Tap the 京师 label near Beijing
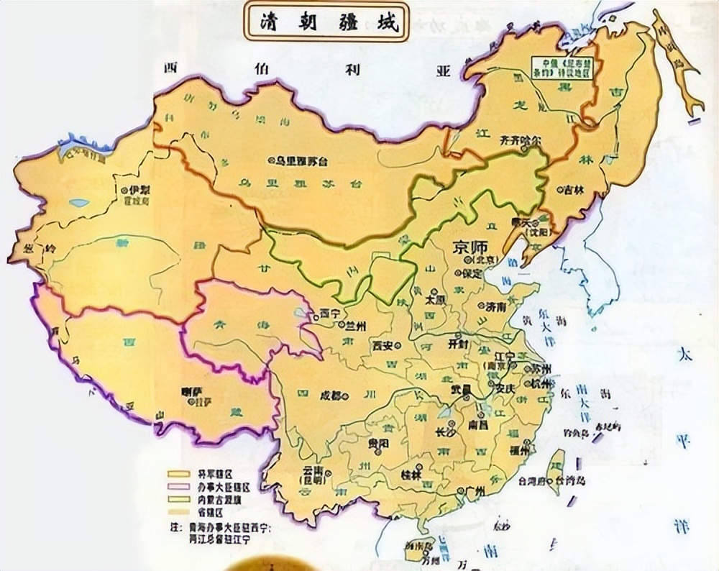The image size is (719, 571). [x=466, y=247]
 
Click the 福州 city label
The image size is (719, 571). [x=517, y=450]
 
